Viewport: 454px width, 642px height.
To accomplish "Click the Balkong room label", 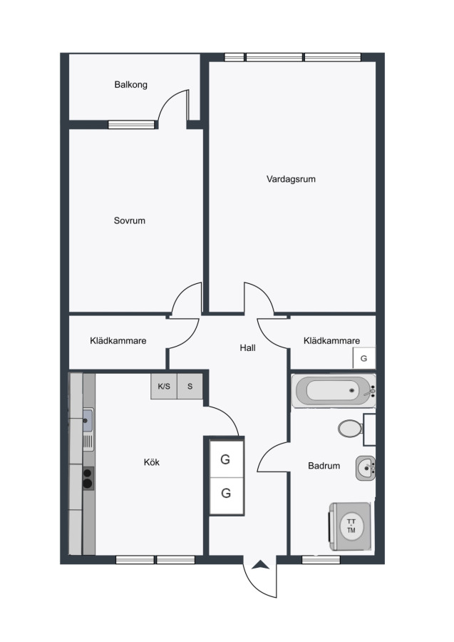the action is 131,85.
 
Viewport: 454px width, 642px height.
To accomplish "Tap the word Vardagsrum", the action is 291,179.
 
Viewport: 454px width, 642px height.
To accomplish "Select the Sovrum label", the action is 129,220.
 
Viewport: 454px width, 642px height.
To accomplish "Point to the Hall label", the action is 247,348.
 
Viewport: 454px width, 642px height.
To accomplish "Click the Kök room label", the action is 151,462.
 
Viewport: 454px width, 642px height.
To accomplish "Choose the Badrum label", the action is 324,466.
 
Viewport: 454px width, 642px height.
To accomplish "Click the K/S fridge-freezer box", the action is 164,386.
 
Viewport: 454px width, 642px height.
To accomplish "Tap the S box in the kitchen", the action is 190,386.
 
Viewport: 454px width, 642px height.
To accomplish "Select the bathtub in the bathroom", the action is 334,391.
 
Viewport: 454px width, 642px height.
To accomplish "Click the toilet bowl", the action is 350,429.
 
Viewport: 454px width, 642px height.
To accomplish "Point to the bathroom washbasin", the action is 366,468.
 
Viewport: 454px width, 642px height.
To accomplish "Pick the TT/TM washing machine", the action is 351,526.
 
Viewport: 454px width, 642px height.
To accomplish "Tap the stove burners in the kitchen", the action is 88,478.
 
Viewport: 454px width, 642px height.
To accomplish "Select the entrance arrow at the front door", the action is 260,565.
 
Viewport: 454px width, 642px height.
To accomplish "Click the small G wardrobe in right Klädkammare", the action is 364,358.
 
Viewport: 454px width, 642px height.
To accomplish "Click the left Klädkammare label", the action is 118,341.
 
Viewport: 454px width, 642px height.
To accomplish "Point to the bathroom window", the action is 321,560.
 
